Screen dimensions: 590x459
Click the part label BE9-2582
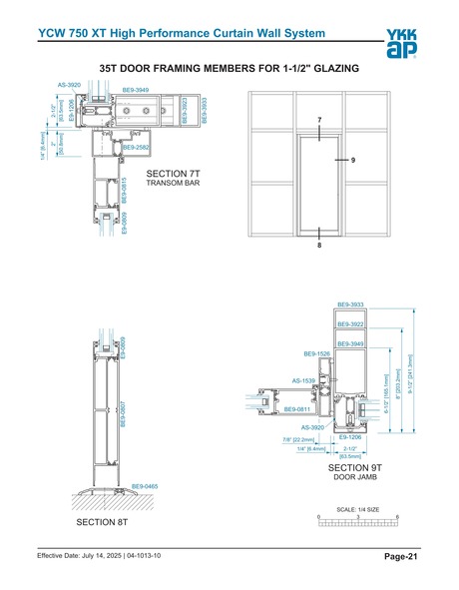pos(136,148)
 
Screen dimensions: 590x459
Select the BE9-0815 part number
pos(124,190)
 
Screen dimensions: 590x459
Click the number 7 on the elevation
pos(319,121)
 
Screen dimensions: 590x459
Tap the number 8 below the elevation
pos(319,245)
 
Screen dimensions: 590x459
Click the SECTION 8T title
pos(104,522)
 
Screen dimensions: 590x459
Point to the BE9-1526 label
pos(316,353)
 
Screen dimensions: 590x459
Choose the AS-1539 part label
pos(303,380)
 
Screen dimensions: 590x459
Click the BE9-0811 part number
pos(297,409)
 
